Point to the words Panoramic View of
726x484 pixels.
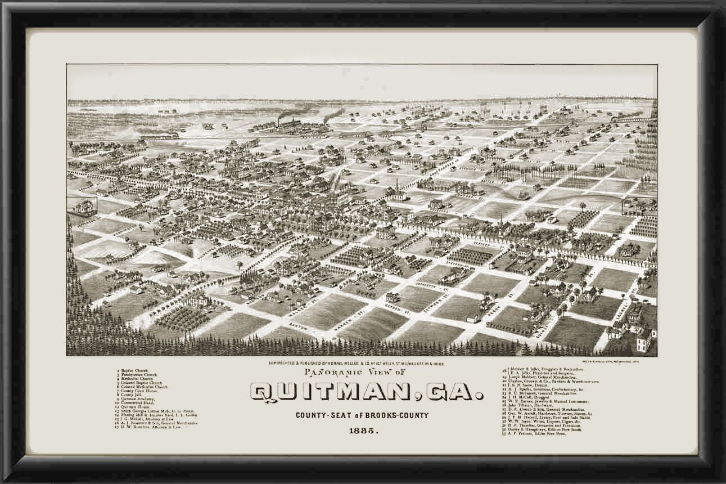coord(353,373)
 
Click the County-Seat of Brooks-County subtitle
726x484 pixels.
coord(363,415)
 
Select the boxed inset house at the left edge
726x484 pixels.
coord(83,205)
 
